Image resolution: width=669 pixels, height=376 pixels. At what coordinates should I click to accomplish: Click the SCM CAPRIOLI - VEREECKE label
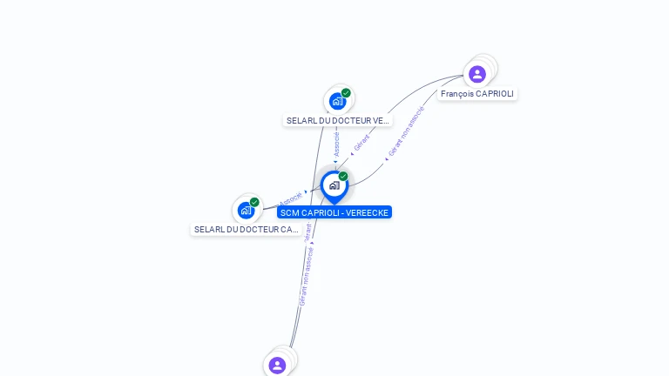334,212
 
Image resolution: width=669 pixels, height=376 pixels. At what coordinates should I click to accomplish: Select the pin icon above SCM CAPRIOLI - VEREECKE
334,185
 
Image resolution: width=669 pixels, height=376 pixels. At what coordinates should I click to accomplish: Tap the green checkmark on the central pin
343,177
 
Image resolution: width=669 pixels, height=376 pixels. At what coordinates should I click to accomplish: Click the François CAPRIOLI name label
477,94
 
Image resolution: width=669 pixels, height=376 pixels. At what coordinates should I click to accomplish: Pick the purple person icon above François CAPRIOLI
477,74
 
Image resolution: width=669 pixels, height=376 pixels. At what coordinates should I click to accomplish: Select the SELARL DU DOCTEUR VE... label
338,121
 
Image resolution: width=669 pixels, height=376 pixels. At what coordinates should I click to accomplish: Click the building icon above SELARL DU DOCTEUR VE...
337,101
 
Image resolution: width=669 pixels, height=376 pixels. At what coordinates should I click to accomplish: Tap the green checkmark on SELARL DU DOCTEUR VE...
346,93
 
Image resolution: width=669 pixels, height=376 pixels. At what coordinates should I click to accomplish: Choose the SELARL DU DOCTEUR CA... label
247,230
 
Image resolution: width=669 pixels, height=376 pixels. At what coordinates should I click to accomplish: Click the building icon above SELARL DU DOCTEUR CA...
246,210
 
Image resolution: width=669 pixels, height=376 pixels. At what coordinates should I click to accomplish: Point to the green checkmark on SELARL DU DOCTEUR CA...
254,202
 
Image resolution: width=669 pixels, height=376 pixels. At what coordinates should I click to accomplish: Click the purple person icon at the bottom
277,365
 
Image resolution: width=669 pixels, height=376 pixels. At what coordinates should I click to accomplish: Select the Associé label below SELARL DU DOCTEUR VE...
337,144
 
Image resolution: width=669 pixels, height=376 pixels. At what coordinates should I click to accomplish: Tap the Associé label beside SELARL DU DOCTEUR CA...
291,199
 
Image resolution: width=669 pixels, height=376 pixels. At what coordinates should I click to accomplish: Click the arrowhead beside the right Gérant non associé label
386,159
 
